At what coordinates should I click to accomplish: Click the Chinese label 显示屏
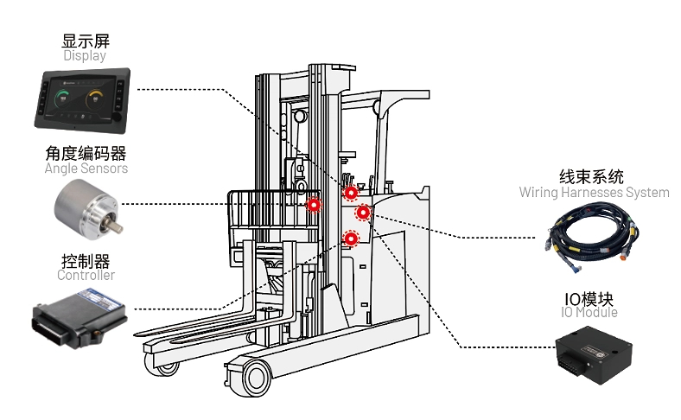[86, 41]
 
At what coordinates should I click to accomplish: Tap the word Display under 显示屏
[85, 56]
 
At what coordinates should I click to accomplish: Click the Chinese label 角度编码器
[86, 153]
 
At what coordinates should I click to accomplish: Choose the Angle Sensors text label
[86, 169]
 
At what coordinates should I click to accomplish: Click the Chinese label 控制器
[86, 260]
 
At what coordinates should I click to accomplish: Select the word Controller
[86, 276]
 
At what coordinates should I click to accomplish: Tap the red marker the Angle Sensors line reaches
[314, 205]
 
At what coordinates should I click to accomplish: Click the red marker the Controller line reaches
[351, 239]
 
